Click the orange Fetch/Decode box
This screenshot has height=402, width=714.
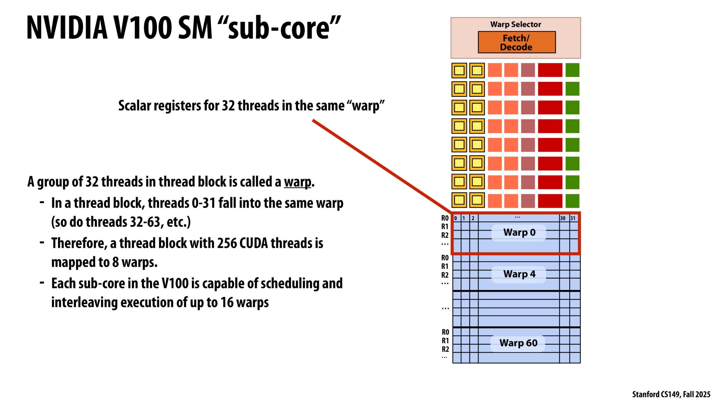coord(517,42)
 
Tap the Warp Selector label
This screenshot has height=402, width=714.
coord(515,24)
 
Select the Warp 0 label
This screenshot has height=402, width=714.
coord(519,232)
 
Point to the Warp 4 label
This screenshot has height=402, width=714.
coord(519,274)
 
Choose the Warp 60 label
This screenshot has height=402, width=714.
coord(518,343)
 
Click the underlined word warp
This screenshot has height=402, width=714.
coord(298,182)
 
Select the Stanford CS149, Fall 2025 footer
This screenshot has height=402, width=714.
coord(671,394)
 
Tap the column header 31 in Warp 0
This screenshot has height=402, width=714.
coord(573,218)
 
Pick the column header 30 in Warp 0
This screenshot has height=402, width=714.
coord(563,218)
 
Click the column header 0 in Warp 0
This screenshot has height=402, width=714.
coord(456,218)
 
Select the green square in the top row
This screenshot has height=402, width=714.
coord(572,70)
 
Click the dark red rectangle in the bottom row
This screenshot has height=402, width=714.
coord(550,201)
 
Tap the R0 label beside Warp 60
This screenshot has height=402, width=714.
coord(445,332)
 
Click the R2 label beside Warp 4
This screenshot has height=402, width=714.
coord(445,275)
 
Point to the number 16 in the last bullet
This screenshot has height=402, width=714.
coord(227,303)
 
